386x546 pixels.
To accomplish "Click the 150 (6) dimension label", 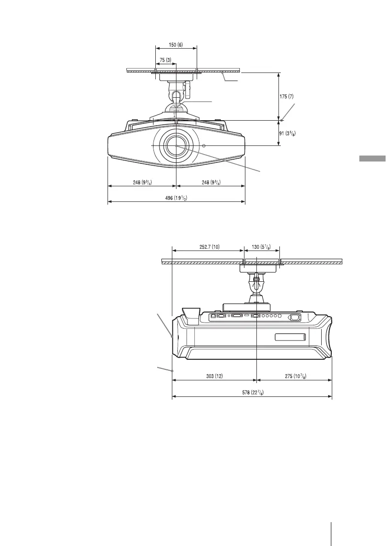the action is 176,45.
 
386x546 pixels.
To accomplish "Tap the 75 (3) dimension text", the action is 165,60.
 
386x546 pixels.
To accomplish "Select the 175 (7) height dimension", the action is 287,96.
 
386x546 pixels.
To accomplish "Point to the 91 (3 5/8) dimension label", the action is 288,133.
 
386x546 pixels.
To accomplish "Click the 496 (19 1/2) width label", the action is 176,198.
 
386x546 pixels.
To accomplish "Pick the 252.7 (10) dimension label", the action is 209,247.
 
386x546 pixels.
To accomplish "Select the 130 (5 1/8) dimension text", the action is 261,247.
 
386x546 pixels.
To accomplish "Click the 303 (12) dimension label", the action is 215,376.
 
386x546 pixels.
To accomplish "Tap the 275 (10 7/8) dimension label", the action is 295,376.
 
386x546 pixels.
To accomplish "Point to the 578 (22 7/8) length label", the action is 253,392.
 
